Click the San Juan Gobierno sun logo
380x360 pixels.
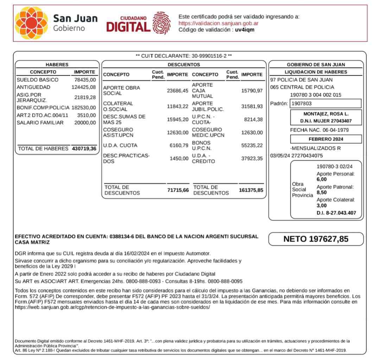31,23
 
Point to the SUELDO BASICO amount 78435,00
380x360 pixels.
85,80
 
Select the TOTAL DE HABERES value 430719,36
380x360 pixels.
84,149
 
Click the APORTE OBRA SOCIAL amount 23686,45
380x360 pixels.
178,91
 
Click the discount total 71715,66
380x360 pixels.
178,190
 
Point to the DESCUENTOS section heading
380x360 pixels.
184,65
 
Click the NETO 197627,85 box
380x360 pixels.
316,239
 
